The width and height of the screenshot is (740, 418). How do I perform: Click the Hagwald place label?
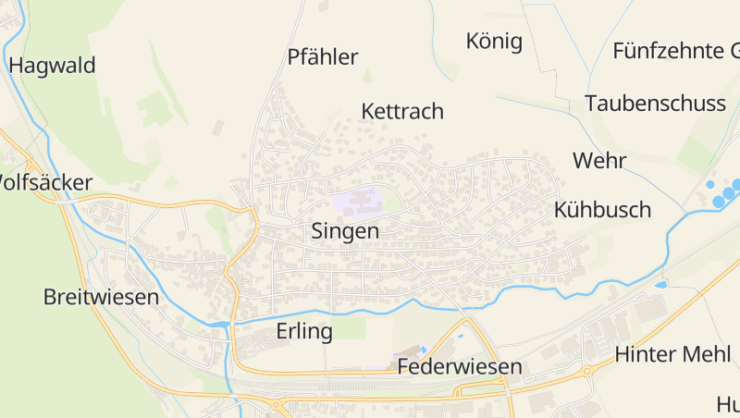pyautogui.click(x=52, y=66)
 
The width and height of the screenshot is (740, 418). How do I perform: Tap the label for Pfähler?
pyautogui.click(x=322, y=57)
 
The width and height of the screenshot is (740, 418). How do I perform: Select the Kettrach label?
pyautogui.click(x=402, y=112)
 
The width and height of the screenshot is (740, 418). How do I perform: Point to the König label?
pyautogui.click(x=495, y=42)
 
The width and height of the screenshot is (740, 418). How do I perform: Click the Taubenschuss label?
pyautogui.click(x=655, y=104)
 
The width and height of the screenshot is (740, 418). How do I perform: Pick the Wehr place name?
pyautogui.click(x=599, y=161)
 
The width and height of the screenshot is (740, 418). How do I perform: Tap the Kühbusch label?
pyautogui.click(x=602, y=209)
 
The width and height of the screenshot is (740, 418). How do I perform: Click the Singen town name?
pyautogui.click(x=345, y=231)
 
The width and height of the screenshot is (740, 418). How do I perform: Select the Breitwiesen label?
pyautogui.click(x=101, y=298)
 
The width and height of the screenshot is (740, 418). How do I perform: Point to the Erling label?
pyautogui.click(x=304, y=332)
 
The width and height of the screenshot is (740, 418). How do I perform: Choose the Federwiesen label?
pyautogui.click(x=460, y=367)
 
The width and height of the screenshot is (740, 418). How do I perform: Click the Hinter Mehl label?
pyautogui.click(x=672, y=354)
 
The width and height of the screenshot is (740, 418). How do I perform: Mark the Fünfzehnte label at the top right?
pyautogui.click(x=675, y=51)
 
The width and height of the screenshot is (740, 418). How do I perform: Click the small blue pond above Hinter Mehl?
pyautogui.click(x=660, y=285)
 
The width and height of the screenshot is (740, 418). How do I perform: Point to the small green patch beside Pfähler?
pyautogui.click(x=367, y=76)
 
